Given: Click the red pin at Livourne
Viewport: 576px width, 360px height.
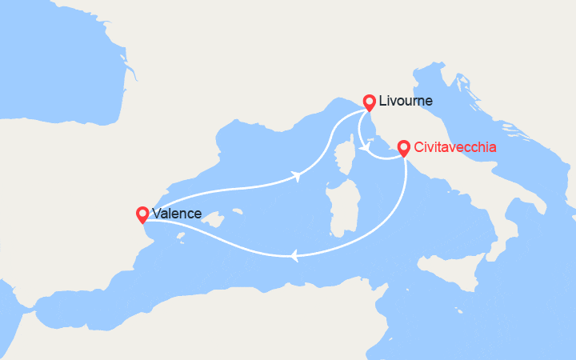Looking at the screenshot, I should tap(369, 102).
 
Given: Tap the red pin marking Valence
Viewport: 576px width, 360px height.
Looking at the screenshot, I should tap(142, 214).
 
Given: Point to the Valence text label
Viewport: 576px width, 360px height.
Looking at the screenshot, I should tap(178, 214).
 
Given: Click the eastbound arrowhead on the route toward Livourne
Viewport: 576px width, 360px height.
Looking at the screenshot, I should tap(298, 175).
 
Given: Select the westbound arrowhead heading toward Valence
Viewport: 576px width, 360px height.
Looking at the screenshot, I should tap(295, 256).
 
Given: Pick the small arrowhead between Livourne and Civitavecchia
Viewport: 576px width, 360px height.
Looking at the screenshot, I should tap(364, 146).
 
